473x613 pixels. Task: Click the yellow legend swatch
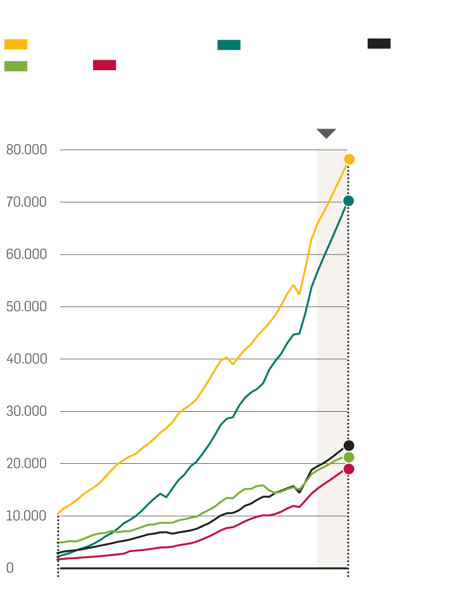16,44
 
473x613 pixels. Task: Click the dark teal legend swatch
229,45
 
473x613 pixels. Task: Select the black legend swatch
379,43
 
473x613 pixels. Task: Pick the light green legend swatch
16,66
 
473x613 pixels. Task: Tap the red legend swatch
104,65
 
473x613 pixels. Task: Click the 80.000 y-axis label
26,150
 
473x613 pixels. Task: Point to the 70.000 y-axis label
26,202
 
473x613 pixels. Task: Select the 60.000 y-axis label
26,254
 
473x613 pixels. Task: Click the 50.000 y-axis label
26,306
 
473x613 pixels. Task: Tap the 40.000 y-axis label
26,359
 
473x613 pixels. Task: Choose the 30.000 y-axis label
26,411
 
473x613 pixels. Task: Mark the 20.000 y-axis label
26,464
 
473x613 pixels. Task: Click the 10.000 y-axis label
26,516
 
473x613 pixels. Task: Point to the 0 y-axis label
9,568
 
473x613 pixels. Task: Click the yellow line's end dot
349,159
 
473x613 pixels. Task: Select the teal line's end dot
348,201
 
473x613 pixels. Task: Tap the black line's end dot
349,446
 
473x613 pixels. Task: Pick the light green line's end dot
349,457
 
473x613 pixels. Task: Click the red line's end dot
349,469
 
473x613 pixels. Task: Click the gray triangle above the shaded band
326,133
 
